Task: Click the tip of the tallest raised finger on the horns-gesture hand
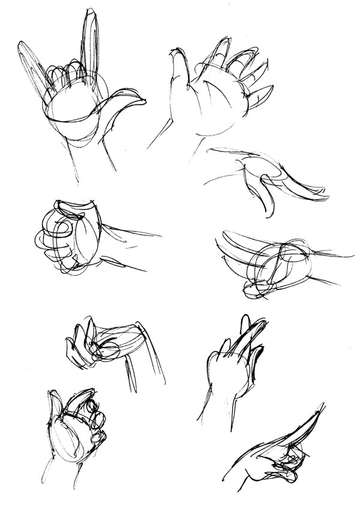90,13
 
